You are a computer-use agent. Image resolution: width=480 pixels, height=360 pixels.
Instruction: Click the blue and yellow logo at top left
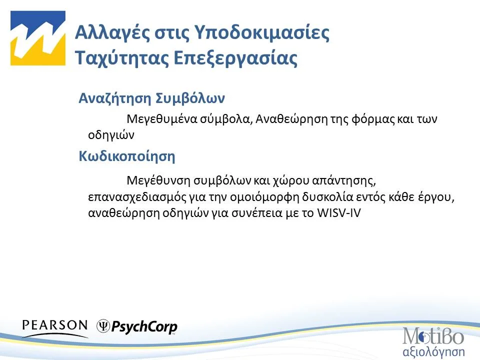tap(38, 38)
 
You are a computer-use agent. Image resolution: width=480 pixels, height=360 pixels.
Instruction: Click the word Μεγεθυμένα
tap(161, 120)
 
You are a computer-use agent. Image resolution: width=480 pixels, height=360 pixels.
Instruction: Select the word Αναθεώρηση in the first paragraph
tap(283, 120)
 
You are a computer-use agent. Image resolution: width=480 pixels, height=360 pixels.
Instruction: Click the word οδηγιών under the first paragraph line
tap(104, 134)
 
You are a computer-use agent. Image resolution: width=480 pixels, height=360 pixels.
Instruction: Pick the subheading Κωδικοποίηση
tap(127, 156)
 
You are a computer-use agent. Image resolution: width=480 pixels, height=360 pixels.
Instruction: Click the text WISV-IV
tap(339, 212)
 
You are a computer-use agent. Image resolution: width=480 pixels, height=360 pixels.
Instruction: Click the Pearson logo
tap(55, 326)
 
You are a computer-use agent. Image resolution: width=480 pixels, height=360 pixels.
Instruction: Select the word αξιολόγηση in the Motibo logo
tap(433, 348)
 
